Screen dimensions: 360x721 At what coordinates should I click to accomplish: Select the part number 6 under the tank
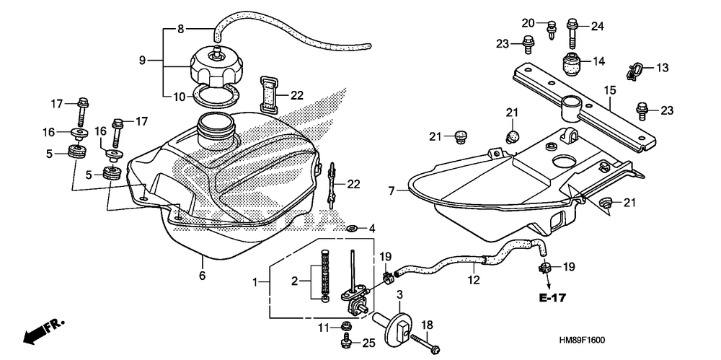tap(203, 276)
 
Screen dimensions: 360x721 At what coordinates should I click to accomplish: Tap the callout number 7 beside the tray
tap(392, 191)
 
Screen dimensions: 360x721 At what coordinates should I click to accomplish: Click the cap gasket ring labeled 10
tap(215, 94)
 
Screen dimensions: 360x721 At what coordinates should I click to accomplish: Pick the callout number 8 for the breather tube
tap(181, 29)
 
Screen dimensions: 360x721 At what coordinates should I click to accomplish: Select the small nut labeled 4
tap(353, 229)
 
